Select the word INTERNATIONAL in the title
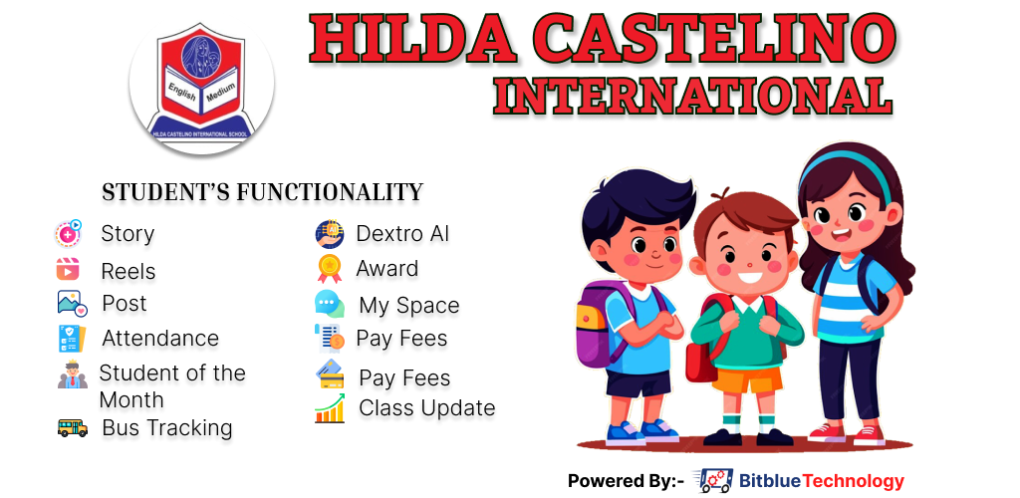[x=692, y=96]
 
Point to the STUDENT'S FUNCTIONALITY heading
[x=263, y=192]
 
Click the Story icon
[x=69, y=233]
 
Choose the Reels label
[x=128, y=271]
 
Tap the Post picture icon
[x=72, y=303]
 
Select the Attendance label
[x=160, y=338]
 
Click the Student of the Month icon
[x=72, y=375]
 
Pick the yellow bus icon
[x=72, y=428]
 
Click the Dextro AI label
[x=402, y=234]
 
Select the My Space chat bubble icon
[x=330, y=304]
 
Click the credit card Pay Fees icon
[x=331, y=373]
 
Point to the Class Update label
[x=426, y=408]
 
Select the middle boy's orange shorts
[x=746, y=379]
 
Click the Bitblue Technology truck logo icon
[x=713, y=480]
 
